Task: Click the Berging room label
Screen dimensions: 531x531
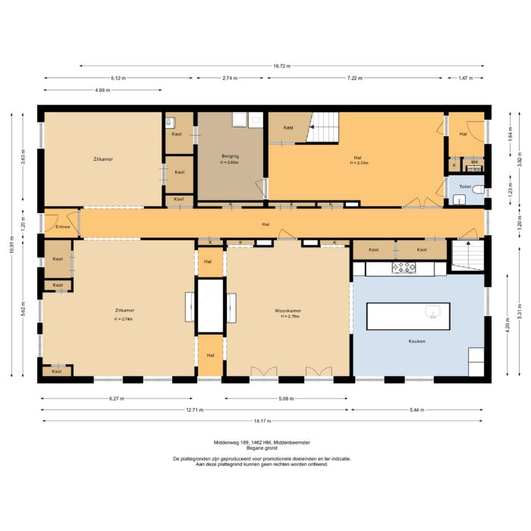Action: click(230, 156)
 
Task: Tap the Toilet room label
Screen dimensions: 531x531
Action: click(465, 186)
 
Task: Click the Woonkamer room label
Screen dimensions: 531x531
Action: click(288, 310)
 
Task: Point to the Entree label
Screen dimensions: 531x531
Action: click(62, 227)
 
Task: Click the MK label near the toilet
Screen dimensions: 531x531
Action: click(474, 162)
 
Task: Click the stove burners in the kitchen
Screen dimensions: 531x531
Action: click(404, 267)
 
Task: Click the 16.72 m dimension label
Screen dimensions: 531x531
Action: click(283, 66)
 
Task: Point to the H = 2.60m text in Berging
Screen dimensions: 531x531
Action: click(230, 162)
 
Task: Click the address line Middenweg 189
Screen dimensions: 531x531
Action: click(265, 441)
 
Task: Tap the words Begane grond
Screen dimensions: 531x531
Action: click(265, 448)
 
